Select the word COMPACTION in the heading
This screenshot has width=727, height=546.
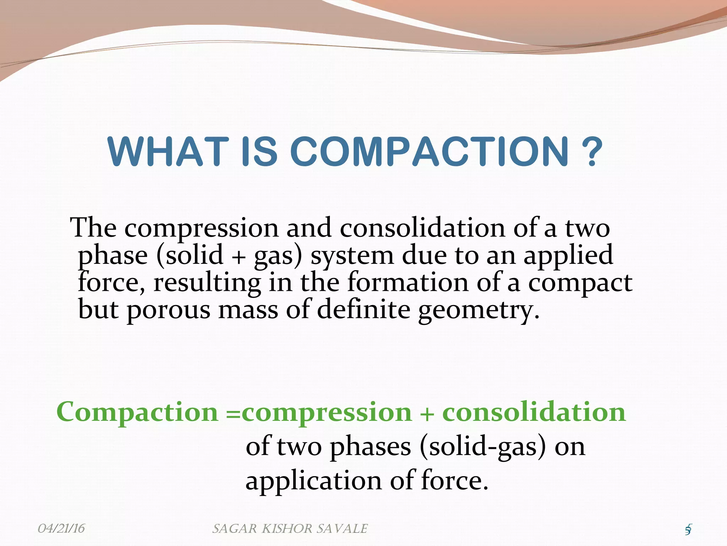pyautogui.click(x=430, y=152)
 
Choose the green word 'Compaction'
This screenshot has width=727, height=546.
pyautogui.click(x=137, y=412)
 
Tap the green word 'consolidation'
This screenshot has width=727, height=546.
pyautogui.click(x=534, y=412)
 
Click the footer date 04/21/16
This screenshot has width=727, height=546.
pyautogui.click(x=61, y=529)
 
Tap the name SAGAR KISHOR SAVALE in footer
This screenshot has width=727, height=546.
pyautogui.click(x=290, y=529)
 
